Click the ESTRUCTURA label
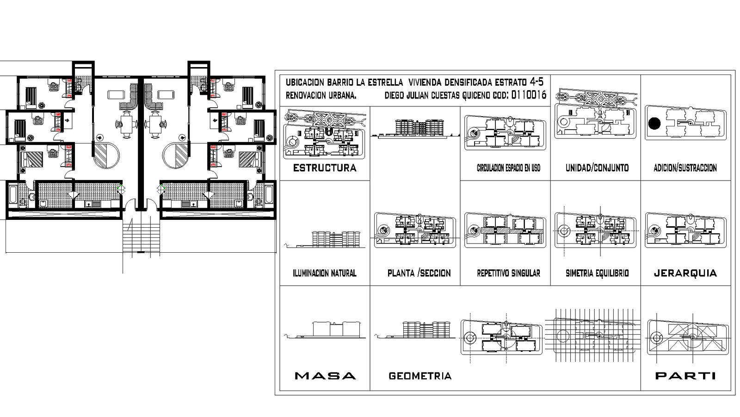325,168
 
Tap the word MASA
325,376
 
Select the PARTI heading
685,376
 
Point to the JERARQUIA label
685,273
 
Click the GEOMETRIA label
420,376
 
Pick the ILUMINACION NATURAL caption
324,273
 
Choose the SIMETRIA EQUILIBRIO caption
597,273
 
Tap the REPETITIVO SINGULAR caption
508,273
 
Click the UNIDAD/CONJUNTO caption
597,168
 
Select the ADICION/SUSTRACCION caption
685,168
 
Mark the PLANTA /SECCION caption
419,273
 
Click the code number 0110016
529,95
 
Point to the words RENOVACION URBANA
321,95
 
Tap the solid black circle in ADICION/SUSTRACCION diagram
654,124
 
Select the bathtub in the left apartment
13,195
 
